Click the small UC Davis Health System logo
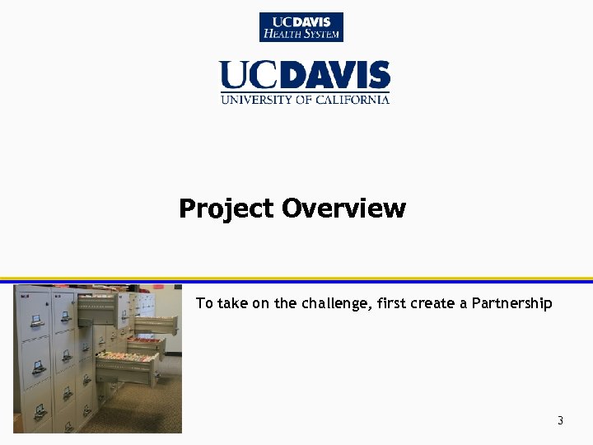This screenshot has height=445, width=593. tap(301, 27)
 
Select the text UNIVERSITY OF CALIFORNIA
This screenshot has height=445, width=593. tap(304, 100)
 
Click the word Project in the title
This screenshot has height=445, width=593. tap(226, 208)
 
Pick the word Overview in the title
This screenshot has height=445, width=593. tap(343, 208)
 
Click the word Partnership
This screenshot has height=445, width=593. tap(511, 303)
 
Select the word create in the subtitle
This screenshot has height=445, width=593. tap(433, 303)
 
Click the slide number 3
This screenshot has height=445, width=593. tap(560, 421)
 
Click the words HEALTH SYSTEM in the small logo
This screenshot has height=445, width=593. tap(301, 35)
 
